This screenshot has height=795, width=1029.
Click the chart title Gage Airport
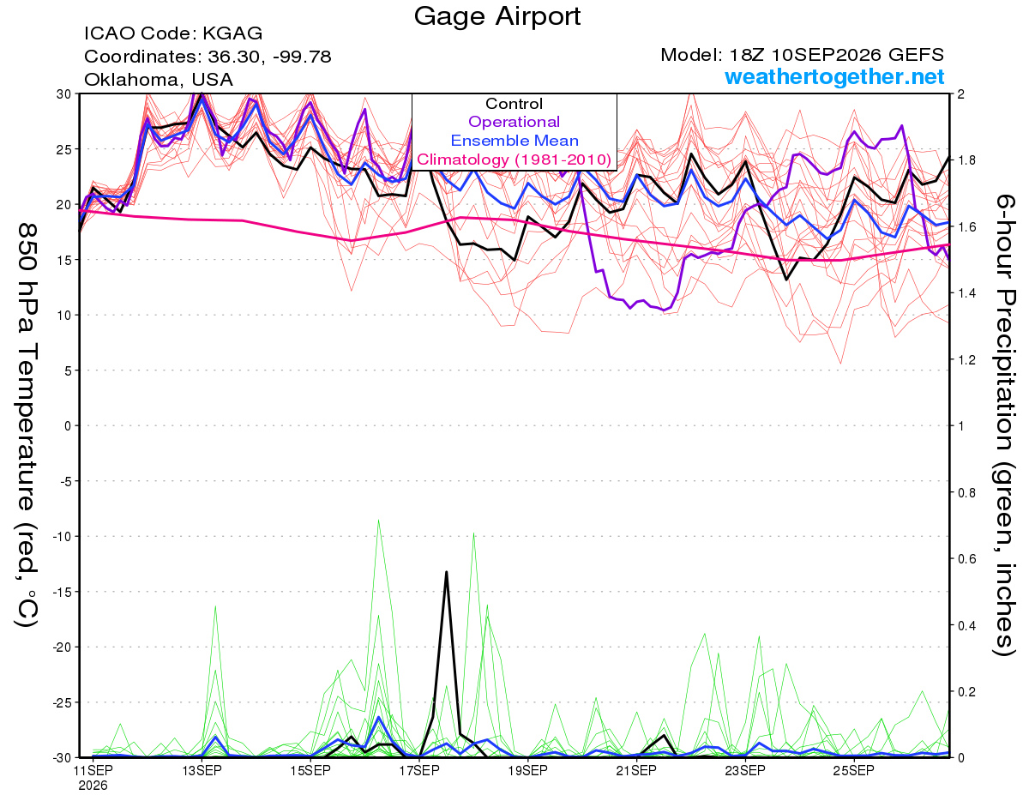[496, 16]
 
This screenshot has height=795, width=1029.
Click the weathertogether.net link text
[834, 76]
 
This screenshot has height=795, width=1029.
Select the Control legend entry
[514, 104]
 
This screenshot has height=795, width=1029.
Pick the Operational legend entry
[514, 122]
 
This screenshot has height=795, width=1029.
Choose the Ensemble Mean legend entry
[514, 141]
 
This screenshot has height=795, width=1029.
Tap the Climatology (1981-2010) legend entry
[514, 160]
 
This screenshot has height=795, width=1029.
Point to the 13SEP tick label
[202, 770]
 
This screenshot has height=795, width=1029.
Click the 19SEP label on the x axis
[528, 770]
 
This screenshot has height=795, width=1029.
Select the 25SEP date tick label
[854, 770]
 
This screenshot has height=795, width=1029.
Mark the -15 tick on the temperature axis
[62, 592]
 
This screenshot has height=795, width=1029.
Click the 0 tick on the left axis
[68, 425]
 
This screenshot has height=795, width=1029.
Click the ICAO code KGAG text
[173, 33]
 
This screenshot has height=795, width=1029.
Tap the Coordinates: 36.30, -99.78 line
[208, 57]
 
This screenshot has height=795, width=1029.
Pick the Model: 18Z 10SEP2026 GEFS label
[802, 55]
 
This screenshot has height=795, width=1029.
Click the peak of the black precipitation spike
[446, 572]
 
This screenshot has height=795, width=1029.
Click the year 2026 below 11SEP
[93, 786]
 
